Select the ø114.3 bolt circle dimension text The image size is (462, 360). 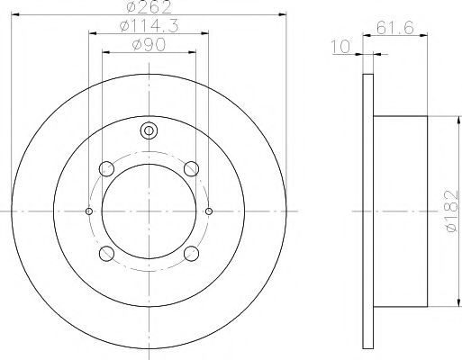(149, 27)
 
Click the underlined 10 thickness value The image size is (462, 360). (340, 46)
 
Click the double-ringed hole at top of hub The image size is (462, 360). (149, 130)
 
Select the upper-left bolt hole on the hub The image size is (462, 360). (107, 168)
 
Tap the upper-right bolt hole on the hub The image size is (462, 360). (190, 168)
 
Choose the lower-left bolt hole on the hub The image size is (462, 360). (107, 253)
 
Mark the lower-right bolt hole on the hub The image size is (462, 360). (190, 253)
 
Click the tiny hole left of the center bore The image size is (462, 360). (88, 211)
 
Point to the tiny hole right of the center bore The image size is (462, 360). (209, 211)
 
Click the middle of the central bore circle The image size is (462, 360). (149, 211)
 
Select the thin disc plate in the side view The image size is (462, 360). (367, 211)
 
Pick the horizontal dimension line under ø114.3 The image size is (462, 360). (149, 35)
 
